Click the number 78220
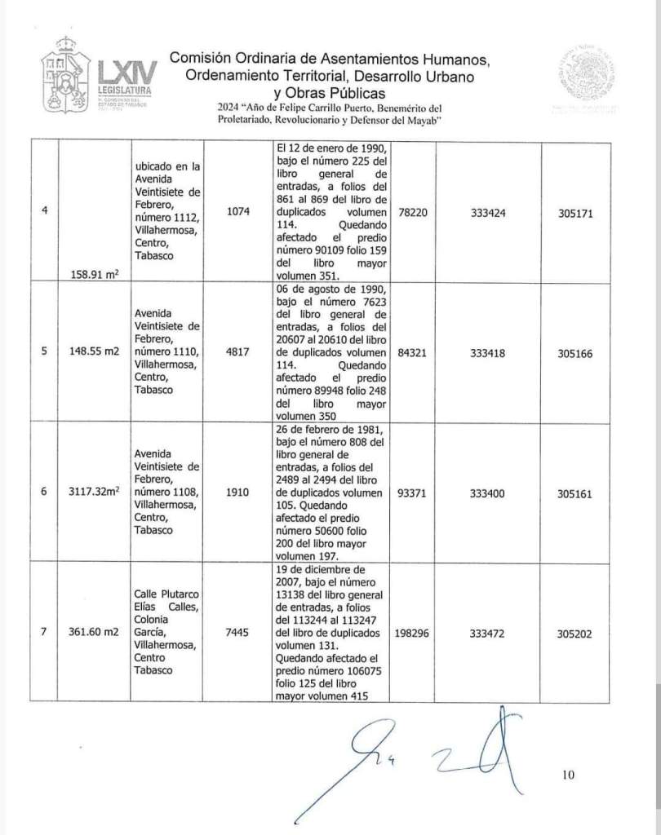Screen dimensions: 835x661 (413, 211)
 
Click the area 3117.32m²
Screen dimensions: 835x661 (96, 494)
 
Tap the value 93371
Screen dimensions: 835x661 (413, 494)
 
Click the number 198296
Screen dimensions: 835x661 (413, 631)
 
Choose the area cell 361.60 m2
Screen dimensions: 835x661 (96, 631)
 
